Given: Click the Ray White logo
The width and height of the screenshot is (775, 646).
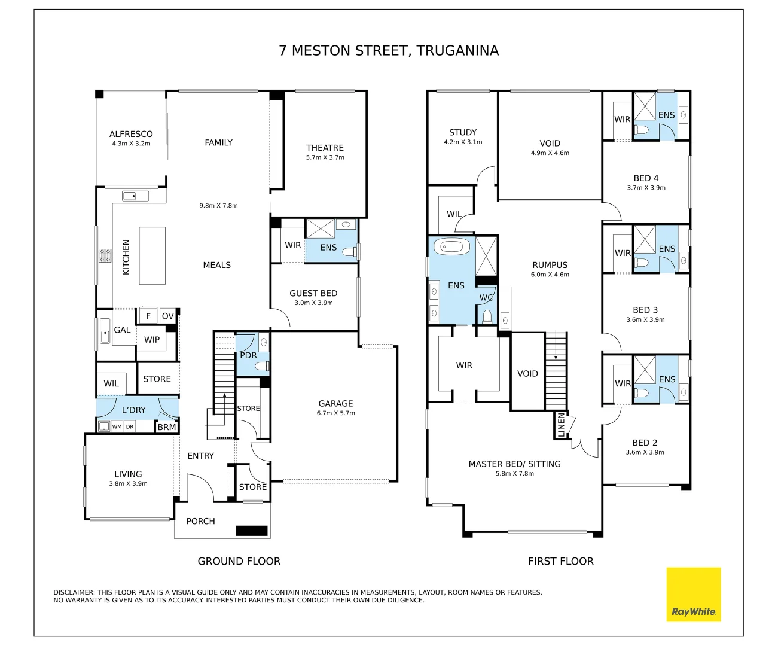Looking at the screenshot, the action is coord(693,595).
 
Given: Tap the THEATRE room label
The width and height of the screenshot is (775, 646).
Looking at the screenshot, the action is coord(325,148).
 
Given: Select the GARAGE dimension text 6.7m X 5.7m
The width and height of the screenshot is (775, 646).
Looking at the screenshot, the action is coord(336,413).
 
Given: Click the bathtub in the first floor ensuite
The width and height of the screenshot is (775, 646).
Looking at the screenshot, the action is coord(451,246).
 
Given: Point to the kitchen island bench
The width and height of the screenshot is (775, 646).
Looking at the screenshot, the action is coord(152,255).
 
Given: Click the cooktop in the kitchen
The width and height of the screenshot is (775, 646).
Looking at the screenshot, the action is coord(105,255).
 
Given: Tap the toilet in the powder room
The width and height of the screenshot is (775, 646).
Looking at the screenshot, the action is coord(262,367).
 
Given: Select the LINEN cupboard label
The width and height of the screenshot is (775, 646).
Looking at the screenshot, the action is coord(561,425).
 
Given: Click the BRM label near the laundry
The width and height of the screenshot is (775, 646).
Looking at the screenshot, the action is coord(167,427).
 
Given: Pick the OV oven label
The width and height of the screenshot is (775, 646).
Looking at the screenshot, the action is coord(168,316).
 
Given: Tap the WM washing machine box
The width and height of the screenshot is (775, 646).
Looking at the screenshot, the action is coord(117,426).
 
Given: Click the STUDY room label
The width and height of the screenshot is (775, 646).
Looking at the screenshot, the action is coord(463,133).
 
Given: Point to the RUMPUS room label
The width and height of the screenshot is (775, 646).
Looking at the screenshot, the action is coord(550,265).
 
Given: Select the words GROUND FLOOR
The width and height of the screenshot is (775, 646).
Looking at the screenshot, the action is coord(239,561).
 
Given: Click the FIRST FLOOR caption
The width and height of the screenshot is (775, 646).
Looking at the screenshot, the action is coord(561,561).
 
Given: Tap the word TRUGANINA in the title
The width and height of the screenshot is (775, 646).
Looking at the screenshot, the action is coord(457,50).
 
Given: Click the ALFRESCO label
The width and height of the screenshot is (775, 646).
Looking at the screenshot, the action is coord(131,134).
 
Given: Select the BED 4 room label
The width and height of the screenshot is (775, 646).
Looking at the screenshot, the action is coord(646,178).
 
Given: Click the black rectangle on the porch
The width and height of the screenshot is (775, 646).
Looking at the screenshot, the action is coord(252,531).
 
